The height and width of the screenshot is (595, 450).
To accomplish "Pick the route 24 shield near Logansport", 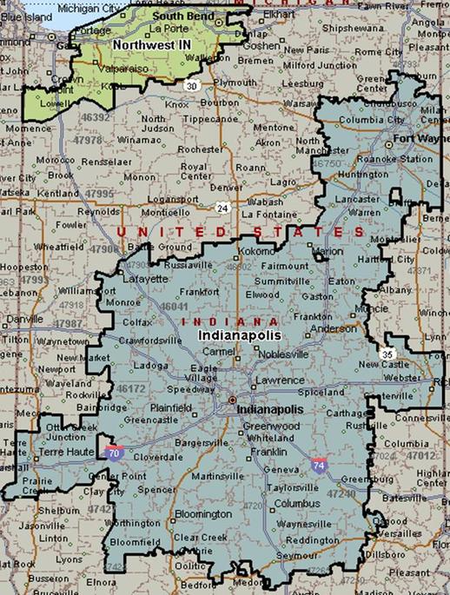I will point(223,208).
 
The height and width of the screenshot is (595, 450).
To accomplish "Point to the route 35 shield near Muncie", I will point(385,354).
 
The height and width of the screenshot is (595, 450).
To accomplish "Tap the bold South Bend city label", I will point(176,16).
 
